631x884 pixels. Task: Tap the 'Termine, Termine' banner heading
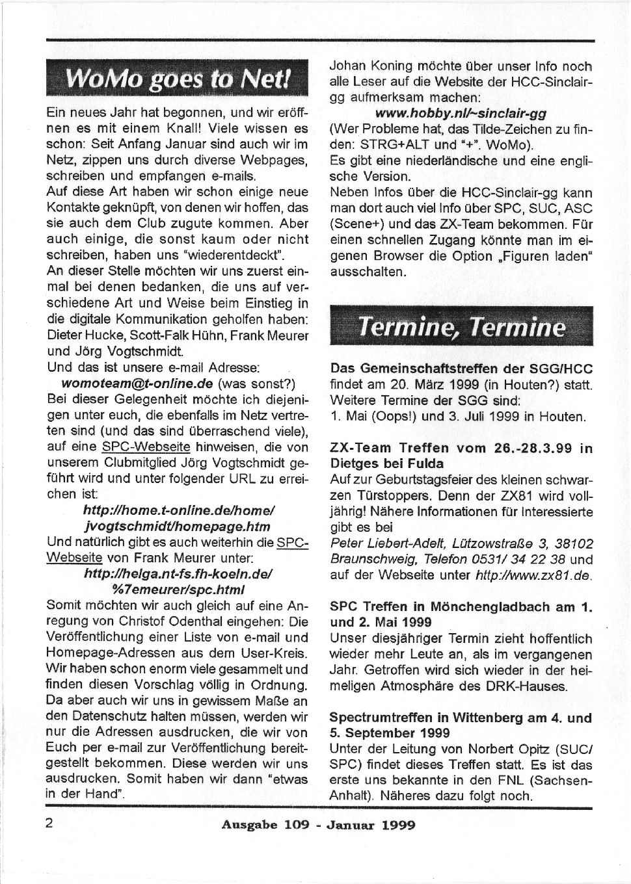[x=462, y=326]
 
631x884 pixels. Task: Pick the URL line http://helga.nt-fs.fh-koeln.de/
[x=178, y=574]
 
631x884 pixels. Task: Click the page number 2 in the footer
[x=49, y=824]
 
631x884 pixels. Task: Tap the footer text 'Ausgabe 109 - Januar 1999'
[x=318, y=825]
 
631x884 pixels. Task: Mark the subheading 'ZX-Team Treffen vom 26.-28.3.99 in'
[x=461, y=448]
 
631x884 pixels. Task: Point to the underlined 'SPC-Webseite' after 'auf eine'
[x=146, y=447]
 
